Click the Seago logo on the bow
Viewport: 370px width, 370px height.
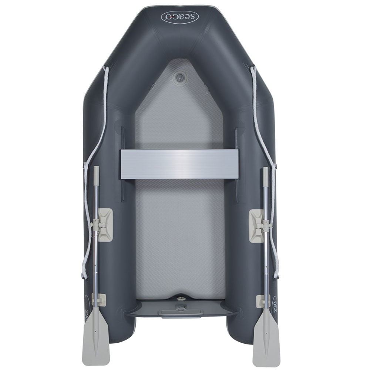click(180, 16)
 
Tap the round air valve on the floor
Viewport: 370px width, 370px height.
click(179, 77)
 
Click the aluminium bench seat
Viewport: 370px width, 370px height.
click(179, 164)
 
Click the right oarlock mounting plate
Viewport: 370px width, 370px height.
click(256, 226)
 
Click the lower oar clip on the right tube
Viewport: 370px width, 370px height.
click(262, 301)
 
